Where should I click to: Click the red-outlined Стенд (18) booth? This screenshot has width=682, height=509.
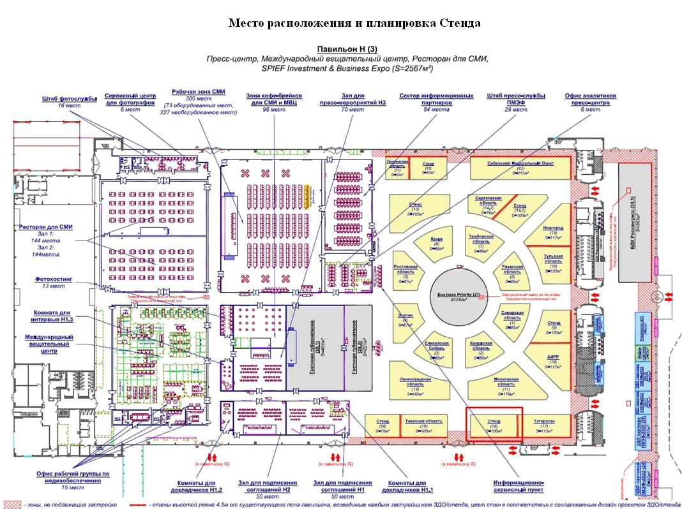tap(494, 425)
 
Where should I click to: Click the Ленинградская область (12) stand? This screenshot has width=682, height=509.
tap(415, 385)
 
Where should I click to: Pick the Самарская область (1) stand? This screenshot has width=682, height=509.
tap(511, 318)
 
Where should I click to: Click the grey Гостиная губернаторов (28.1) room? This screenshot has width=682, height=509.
tap(313, 348)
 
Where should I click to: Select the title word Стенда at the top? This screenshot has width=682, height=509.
tap(460, 24)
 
